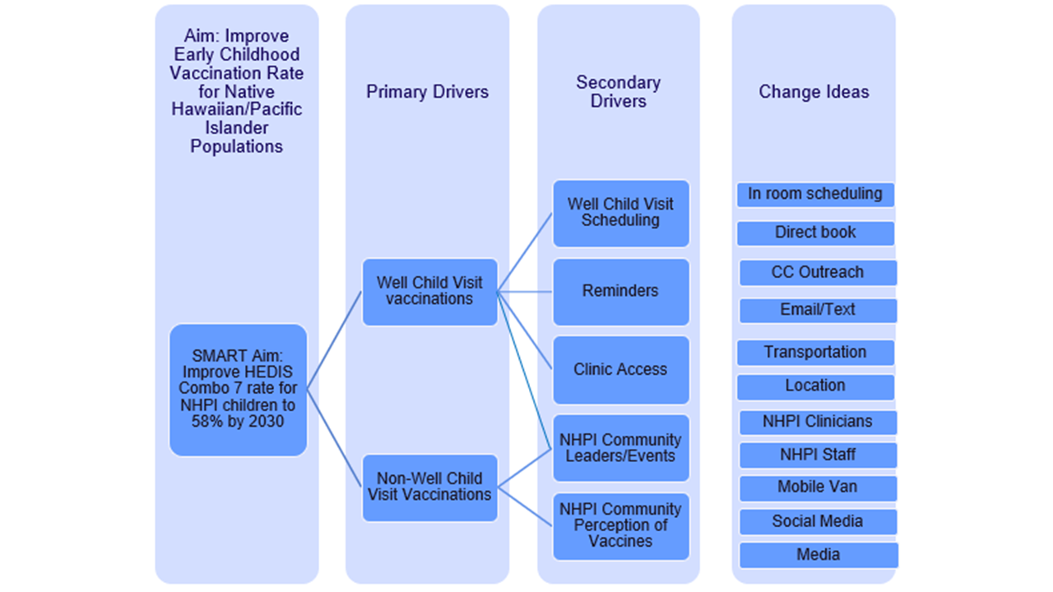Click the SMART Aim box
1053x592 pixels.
pyautogui.click(x=238, y=390)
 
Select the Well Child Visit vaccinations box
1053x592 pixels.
pyautogui.click(x=429, y=292)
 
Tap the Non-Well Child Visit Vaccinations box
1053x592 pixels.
pyautogui.click(x=429, y=488)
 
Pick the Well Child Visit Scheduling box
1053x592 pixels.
pyautogui.click(x=621, y=213)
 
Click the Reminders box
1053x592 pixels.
pyautogui.click(x=621, y=292)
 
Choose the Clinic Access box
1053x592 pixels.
pyautogui.click(x=621, y=370)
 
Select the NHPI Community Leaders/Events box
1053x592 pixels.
pyautogui.click(x=621, y=448)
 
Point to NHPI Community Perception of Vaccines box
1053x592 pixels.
pyautogui.click(x=621, y=526)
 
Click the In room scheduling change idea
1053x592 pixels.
pyautogui.click(x=815, y=195)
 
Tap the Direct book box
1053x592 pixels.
pyautogui.click(x=815, y=233)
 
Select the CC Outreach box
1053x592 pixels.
pyautogui.click(x=818, y=272)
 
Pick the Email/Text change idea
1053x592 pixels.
pyautogui.click(x=818, y=311)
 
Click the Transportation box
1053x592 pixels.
pyautogui.click(x=815, y=353)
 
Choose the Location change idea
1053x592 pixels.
pyautogui.click(x=815, y=386)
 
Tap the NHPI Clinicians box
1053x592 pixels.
pyautogui.click(x=818, y=423)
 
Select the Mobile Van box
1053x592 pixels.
pyautogui.click(x=818, y=488)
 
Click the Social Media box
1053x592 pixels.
pyautogui.click(x=818, y=521)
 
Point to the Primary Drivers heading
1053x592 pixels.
pyautogui.click(x=427, y=91)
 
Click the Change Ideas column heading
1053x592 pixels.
pyautogui.click(x=814, y=91)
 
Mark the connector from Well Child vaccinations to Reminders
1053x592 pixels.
pyautogui.click(x=525, y=292)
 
